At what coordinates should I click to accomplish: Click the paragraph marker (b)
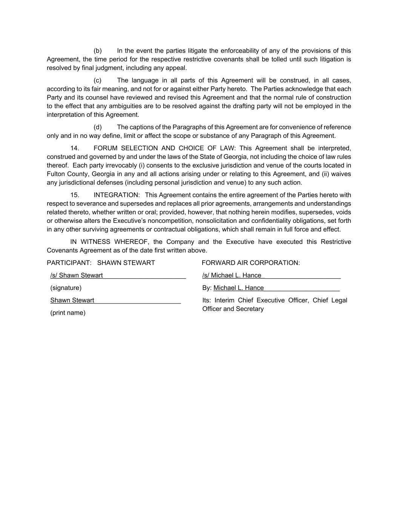tap(98, 51)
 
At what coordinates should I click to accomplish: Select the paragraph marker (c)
tap(98, 81)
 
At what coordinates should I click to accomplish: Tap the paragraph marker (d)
tap(98, 127)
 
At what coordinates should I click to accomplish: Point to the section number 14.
tap(75, 148)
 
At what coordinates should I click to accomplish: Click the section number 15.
tap(75, 195)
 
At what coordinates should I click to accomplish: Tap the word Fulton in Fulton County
tap(56, 174)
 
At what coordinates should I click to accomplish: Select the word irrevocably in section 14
tap(121, 165)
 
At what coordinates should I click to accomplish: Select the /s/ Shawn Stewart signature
tap(77, 275)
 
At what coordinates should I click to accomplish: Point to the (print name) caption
tap(68, 313)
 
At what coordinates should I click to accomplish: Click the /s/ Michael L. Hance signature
tap(232, 275)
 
